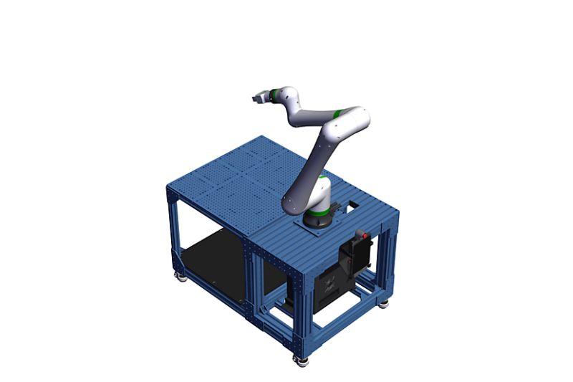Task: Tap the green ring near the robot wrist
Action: point(270,92)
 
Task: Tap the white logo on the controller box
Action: point(328,285)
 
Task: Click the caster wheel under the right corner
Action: point(384,302)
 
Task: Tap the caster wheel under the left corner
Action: point(181,276)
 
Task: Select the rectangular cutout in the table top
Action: point(353,206)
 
